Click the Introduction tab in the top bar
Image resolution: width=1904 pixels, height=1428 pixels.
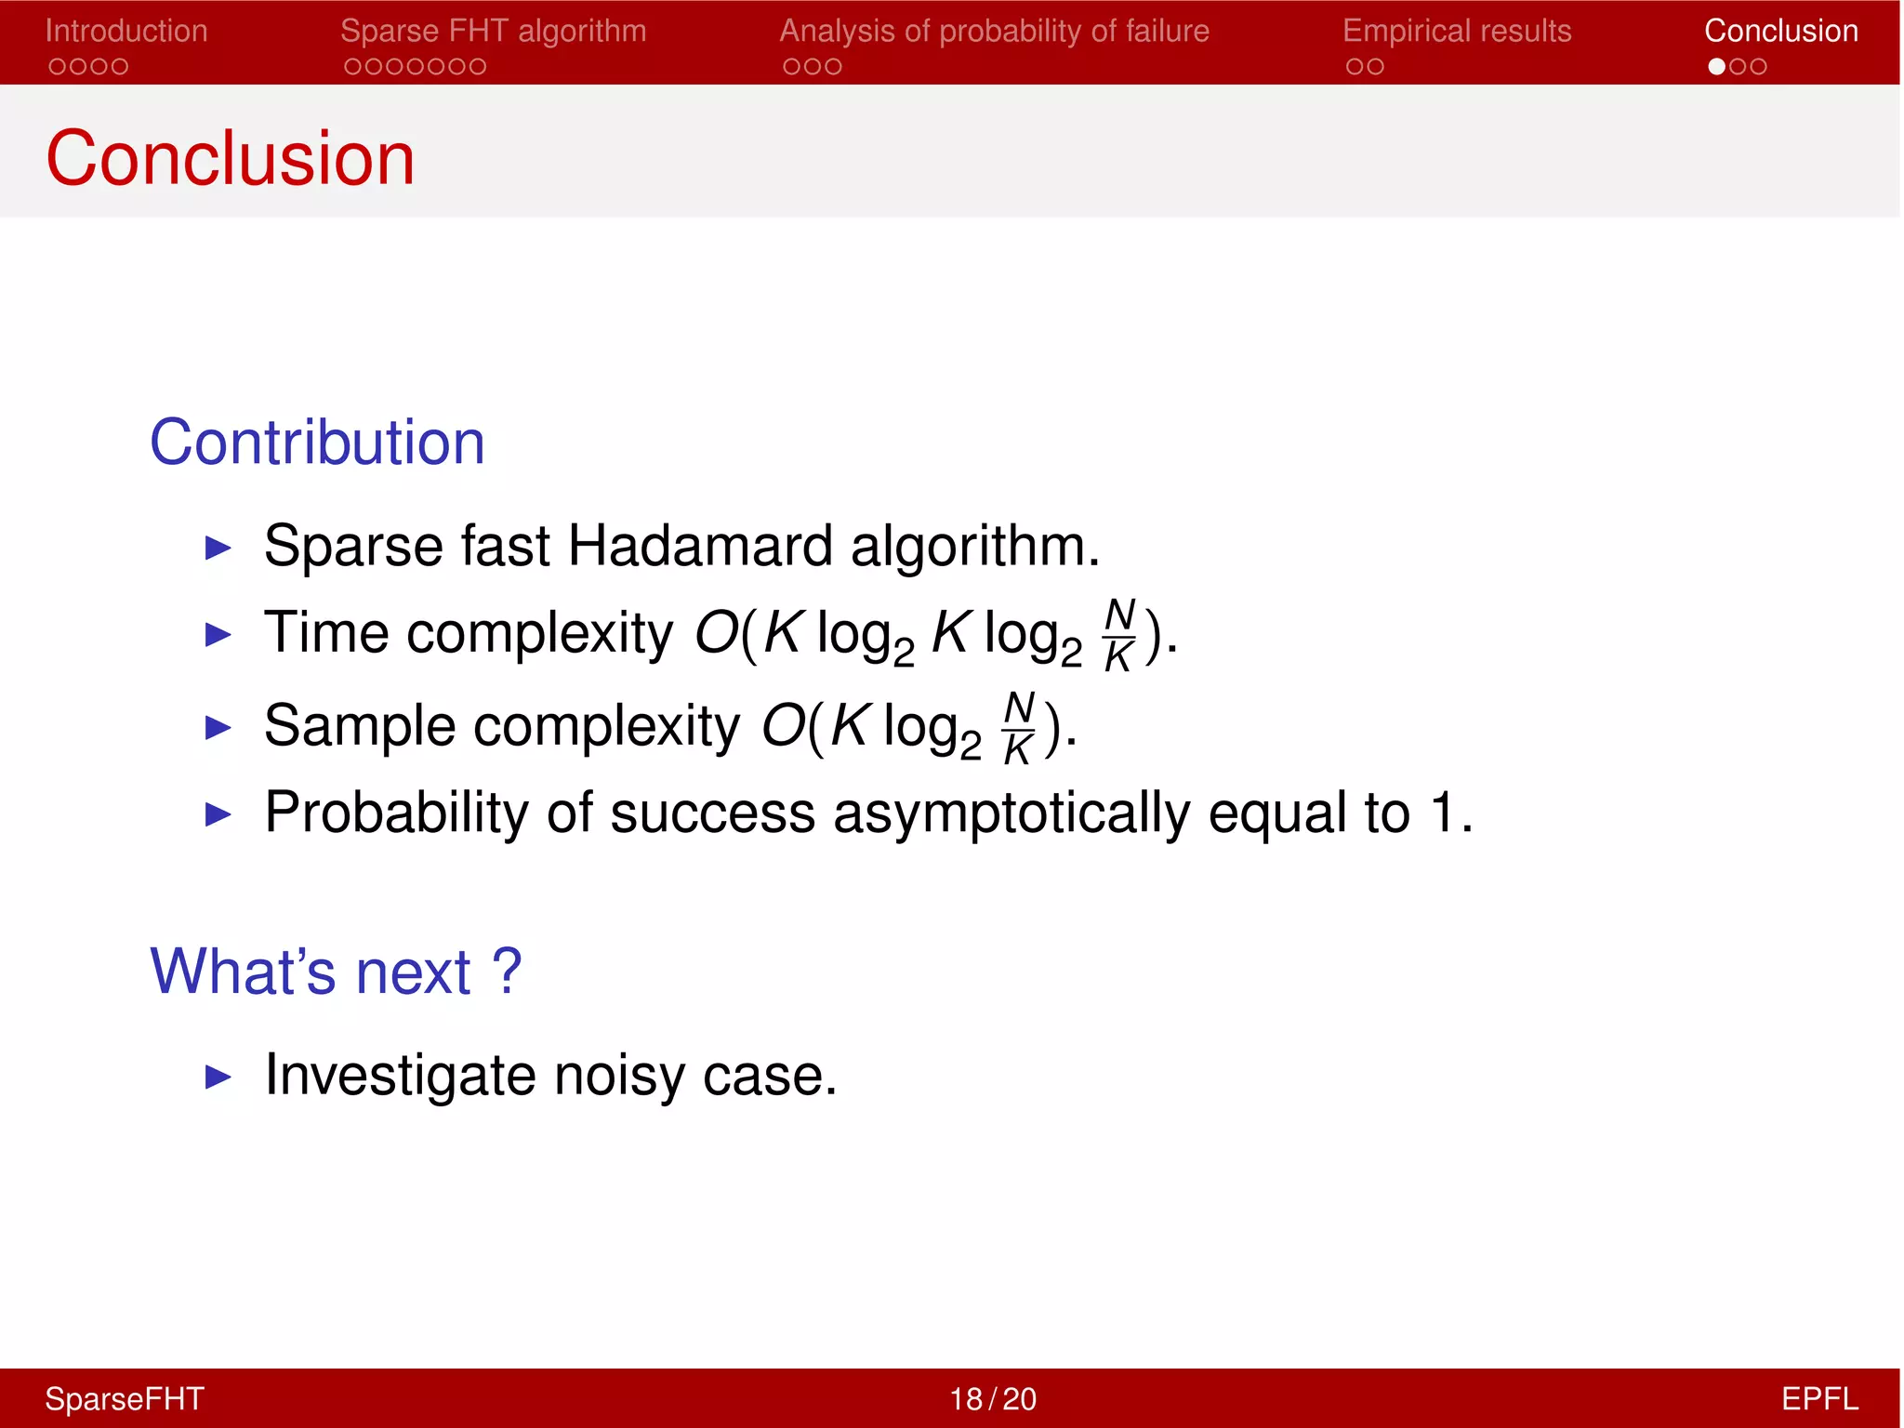[126, 31]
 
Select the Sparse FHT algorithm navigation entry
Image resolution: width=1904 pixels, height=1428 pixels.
[493, 31]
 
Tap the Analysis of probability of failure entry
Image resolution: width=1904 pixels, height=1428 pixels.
[994, 31]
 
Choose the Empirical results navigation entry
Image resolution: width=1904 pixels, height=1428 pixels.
[1456, 31]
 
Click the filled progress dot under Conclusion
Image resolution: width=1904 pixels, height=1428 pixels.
[1716, 67]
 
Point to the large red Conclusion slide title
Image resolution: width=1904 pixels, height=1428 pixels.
[230, 158]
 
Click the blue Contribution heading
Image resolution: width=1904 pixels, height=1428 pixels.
[317, 442]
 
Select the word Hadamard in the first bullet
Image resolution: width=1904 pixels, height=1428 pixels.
[699, 545]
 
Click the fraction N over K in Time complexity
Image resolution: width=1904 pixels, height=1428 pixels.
[1119, 635]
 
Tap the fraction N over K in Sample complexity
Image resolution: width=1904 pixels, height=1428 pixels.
[1019, 728]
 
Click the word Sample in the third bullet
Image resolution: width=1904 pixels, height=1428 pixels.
[360, 725]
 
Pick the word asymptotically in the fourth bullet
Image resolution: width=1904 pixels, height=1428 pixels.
[1011, 813]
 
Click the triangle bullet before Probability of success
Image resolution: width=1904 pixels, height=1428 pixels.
[218, 814]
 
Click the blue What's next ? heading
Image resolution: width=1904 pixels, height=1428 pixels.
[336, 972]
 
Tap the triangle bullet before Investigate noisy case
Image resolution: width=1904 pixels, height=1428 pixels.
[218, 1078]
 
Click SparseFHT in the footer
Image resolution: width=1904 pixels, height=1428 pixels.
[125, 1398]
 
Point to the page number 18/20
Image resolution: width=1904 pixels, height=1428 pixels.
[992, 1398]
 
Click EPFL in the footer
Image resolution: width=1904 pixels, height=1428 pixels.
[1818, 1398]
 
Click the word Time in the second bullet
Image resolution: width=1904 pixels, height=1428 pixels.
[326, 633]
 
